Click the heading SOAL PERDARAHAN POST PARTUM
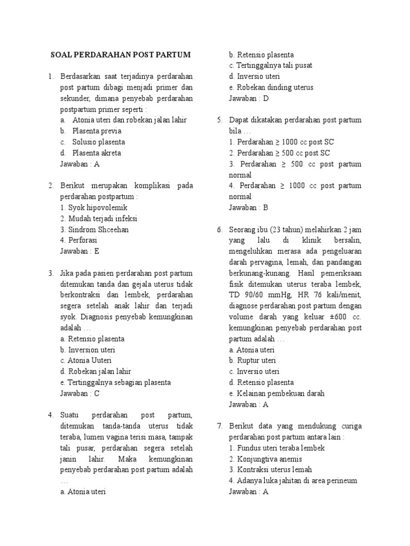point(120,55)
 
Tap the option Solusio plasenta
point(99,142)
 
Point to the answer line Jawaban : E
point(80,252)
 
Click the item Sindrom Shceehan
point(94,230)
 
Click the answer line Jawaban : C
point(80,394)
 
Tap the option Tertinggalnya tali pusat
point(271,66)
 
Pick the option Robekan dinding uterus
point(271,87)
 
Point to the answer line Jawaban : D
point(249,99)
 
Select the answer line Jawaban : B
point(248,208)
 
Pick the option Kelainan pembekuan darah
point(277,394)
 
